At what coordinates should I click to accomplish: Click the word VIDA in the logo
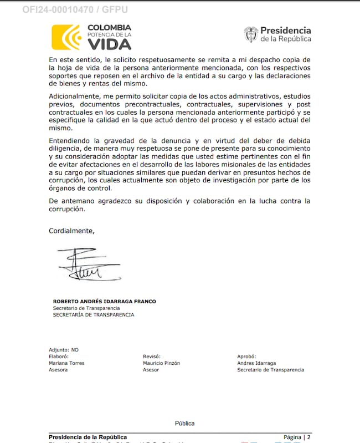click(109, 44)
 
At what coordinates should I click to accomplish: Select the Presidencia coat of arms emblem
click(251, 34)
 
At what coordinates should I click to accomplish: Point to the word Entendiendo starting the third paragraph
click(71, 140)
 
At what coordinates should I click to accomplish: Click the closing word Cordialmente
click(71, 231)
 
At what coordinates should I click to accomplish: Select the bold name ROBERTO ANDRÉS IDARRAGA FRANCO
click(104, 302)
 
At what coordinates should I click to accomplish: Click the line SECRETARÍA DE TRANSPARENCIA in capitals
click(93, 315)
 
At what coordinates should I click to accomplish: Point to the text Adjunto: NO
click(64, 350)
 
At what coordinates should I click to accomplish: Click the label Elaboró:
click(58, 357)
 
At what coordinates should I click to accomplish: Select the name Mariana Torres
click(66, 363)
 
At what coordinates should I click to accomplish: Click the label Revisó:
click(151, 357)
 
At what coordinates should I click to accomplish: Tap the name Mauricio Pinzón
click(161, 363)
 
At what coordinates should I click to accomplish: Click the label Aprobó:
click(247, 357)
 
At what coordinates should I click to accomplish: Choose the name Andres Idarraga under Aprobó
click(256, 363)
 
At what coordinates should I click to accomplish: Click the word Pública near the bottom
click(185, 424)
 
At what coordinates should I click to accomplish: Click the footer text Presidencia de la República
click(88, 437)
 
